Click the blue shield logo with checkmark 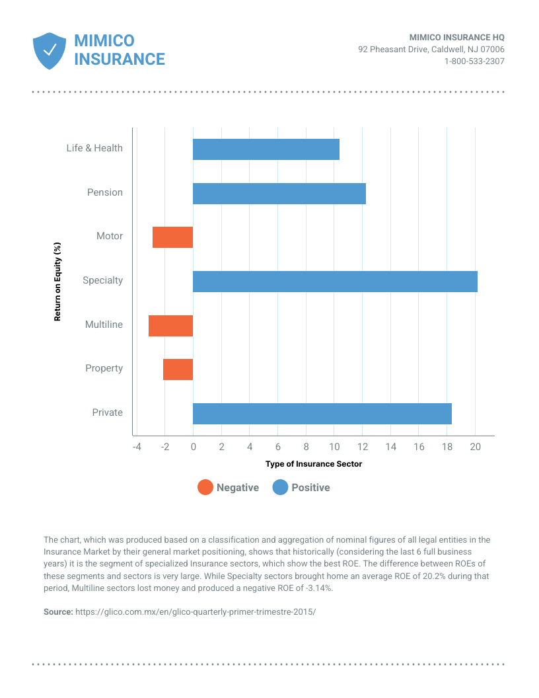(x=50, y=51)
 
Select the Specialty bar (x=335, y=282)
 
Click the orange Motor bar (x=172, y=237)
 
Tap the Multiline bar (x=171, y=326)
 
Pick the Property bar (x=178, y=369)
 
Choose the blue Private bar (x=322, y=414)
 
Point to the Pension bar (x=279, y=194)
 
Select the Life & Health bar (x=266, y=149)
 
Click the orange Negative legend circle (x=205, y=487)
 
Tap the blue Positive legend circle (x=280, y=487)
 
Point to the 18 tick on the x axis (x=447, y=446)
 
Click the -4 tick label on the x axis (x=137, y=446)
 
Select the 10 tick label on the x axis (x=334, y=446)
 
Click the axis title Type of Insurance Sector (x=314, y=464)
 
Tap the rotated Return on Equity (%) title (x=57, y=282)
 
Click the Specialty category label (x=103, y=280)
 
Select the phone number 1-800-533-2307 (x=474, y=61)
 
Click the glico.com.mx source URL (x=196, y=611)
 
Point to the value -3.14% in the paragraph (x=318, y=588)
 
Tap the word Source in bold (x=58, y=611)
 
